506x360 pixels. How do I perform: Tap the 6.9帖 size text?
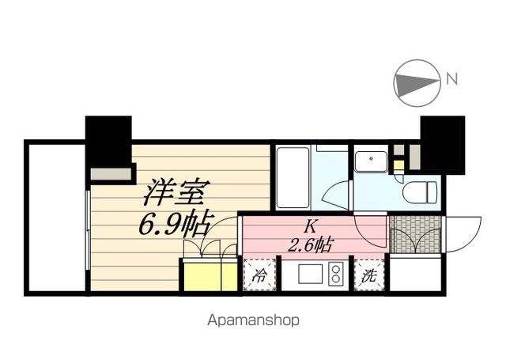coord(175,225)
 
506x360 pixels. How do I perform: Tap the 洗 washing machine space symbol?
coord(368,276)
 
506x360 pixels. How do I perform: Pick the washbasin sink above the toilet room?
coord(368,161)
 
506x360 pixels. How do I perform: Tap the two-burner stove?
coord(334,276)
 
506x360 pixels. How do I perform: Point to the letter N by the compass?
coord(451,78)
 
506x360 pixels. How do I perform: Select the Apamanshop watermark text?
coord(253,321)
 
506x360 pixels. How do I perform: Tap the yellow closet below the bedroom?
coord(209,275)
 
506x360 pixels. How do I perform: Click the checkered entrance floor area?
coord(413,233)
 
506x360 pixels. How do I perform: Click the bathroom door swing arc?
coord(336,193)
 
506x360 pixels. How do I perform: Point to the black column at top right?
coord(442,142)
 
